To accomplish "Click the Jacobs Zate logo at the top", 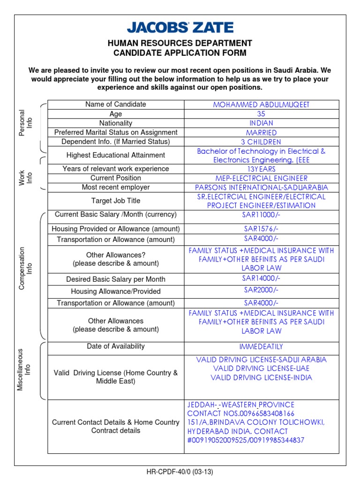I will pos(180,28).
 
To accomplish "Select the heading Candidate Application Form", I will pos(180,53).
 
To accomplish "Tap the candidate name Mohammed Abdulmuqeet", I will pos(261,105).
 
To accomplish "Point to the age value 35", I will pos(261,114).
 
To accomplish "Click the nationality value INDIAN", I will pos(261,123).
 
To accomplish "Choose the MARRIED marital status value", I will pos(261,133).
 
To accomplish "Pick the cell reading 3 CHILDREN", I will pos(261,142).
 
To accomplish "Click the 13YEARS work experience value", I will pos(261,169).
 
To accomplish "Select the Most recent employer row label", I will pos(116,187).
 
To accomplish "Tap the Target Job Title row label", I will pos(116,201).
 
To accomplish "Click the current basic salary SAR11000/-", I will pos(261,215).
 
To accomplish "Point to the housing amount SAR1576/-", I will pos(261,229).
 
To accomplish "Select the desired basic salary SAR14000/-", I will pos(261,278).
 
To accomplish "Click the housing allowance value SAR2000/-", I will pos(261,291).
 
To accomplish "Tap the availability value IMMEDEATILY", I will pos(261,347).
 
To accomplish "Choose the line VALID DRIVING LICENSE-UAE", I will pos(261,368).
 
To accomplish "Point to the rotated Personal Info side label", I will pos(25,123).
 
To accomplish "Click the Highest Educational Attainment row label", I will pos(116,155).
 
